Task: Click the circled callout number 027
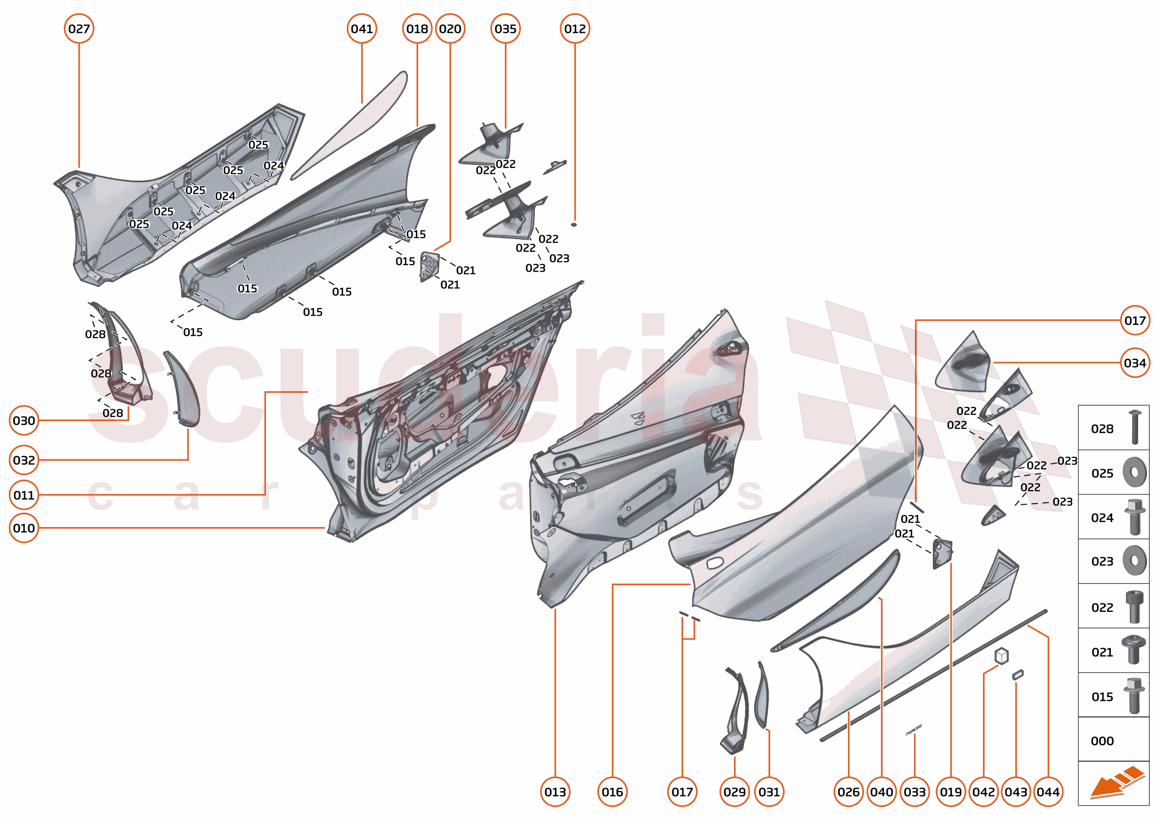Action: click(x=79, y=29)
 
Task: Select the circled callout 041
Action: click(x=362, y=29)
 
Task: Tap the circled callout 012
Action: click(x=575, y=29)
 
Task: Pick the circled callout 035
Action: click(x=505, y=29)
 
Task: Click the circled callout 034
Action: click(x=1134, y=362)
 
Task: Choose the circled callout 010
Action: click(x=24, y=528)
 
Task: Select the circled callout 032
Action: click(x=24, y=460)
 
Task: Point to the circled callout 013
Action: click(x=555, y=792)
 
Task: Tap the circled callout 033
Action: click(x=914, y=792)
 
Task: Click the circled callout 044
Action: click(x=1048, y=792)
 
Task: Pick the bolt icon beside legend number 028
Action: click(x=1134, y=427)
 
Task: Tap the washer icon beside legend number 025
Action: click(x=1134, y=472)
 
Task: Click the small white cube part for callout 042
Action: click(x=1001, y=656)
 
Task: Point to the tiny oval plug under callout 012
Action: click(x=573, y=224)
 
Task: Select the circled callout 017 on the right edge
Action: click(x=1134, y=320)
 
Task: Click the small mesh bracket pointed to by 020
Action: click(x=429, y=266)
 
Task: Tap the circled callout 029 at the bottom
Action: click(x=734, y=792)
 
